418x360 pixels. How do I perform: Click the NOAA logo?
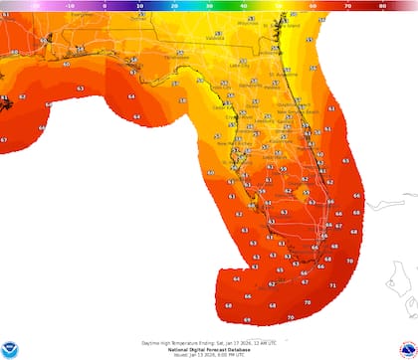[x=12, y=345]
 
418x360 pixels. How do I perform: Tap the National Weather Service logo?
[x=406, y=345]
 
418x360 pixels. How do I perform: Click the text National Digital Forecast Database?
[x=209, y=348]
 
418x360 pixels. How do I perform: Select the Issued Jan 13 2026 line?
[x=209, y=353]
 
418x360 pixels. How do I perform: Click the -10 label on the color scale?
[x=70, y=4]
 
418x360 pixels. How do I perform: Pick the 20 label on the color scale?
[x=174, y=4]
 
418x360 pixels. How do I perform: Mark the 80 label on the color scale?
[x=383, y=4]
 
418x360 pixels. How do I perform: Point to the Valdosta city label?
[x=215, y=39]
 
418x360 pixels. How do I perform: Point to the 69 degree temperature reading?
[x=246, y=320]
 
